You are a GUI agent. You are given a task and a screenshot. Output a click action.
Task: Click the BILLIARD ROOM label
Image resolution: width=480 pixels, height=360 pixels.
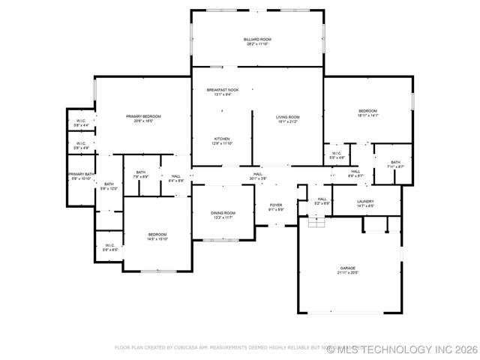(x=257, y=39)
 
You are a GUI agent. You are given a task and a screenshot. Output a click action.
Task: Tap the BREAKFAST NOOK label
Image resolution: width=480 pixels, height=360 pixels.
(x=223, y=90)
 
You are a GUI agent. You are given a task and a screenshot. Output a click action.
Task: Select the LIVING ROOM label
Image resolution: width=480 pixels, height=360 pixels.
(x=287, y=117)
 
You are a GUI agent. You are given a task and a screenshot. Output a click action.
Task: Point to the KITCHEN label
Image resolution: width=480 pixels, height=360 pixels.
(x=222, y=139)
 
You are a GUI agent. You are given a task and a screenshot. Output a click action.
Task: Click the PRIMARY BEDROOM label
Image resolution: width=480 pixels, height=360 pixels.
(x=143, y=116)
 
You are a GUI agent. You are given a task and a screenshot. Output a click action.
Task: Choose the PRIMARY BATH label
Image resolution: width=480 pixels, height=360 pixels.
(x=81, y=174)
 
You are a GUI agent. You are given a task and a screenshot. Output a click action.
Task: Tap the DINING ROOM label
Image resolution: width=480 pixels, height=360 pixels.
(x=223, y=213)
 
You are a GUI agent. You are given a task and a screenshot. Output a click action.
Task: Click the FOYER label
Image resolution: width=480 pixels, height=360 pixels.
(x=276, y=205)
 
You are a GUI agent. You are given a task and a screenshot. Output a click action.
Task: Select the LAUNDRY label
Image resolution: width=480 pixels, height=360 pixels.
(x=365, y=201)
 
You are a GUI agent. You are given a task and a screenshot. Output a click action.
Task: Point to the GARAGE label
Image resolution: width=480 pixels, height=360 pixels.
(x=347, y=268)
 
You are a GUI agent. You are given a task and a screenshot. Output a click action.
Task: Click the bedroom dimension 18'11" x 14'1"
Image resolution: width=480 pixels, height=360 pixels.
(x=367, y=115)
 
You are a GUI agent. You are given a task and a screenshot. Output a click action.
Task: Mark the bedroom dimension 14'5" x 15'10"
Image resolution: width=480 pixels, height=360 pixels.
(x=157, y=238)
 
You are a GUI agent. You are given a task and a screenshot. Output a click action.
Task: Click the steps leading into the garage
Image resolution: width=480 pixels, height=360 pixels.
(x=316, y=222)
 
